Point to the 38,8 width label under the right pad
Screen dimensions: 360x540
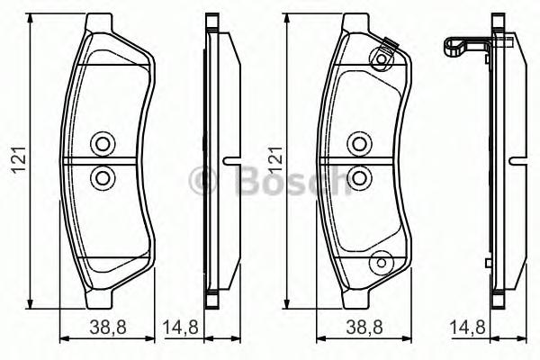click(357, 328)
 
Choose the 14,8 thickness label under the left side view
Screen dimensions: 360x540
click(180, 328)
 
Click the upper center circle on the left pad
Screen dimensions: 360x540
click(101, 144)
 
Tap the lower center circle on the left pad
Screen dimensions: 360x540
click(101, 176)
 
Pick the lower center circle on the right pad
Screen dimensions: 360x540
click(359, 176)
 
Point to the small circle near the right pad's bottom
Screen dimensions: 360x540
click(381, 263)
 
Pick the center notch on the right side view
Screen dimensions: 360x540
click(517, 162)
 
